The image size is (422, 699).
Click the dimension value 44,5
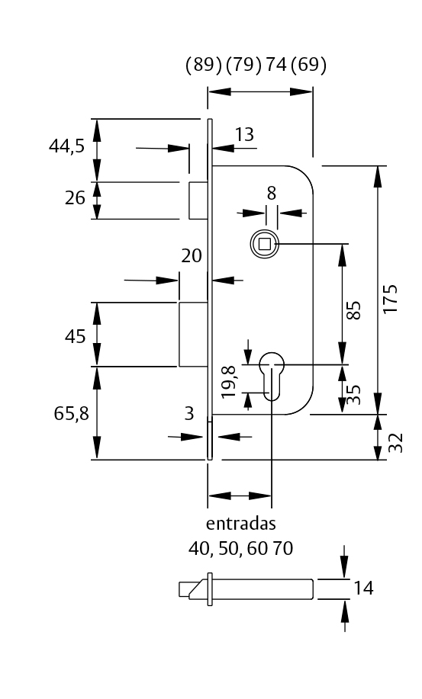66,147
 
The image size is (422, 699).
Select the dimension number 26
75,199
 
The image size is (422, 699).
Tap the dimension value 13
244,135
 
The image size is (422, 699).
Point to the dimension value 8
271,193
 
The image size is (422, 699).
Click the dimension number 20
192,256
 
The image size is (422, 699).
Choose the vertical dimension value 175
391,300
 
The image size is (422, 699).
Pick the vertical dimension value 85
353,310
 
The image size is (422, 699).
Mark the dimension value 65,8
71,413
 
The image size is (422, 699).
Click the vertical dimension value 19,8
228,381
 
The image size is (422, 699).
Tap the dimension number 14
363,588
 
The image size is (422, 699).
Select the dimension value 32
395,444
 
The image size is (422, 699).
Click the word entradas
240,524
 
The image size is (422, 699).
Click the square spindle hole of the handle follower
265,244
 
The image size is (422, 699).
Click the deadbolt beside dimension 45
192,334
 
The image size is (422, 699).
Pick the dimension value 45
75,336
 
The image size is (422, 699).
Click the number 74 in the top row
275,66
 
